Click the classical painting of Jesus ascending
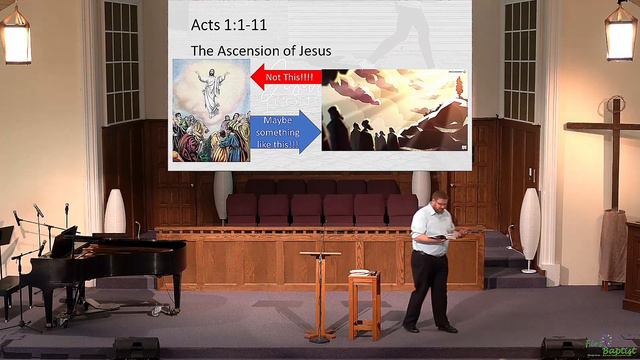210,111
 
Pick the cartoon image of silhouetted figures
394,111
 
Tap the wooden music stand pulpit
320,290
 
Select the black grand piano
110,260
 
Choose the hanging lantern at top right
620,35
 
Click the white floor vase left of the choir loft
115,211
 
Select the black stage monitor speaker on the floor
135,348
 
